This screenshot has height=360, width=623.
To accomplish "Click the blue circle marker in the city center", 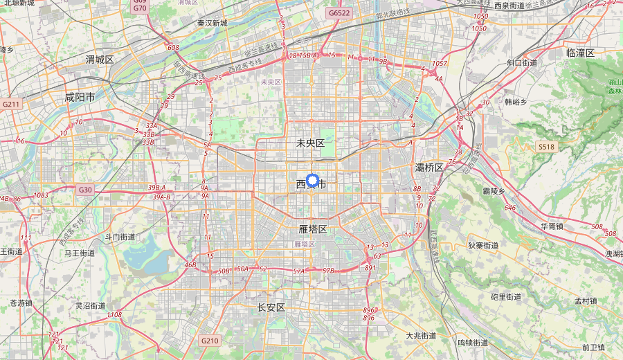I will coord(311,180).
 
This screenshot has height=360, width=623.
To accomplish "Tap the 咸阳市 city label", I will coord(80,97).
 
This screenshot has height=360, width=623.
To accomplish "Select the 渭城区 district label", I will coord(100,60).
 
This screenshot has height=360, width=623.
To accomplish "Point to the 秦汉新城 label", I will coord(212,23).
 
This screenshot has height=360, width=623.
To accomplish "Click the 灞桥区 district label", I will coord(429,168).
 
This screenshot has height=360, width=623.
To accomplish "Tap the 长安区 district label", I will coord(271,307).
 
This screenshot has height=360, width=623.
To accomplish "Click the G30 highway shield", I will coord(85,190).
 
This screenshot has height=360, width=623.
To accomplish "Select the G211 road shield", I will coord(11,104).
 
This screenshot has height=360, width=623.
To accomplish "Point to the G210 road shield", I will coord(210,341).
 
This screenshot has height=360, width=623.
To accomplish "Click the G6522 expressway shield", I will coord(339,13).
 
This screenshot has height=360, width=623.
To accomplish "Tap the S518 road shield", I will coord(546,147).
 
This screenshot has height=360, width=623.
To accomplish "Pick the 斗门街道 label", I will coord(120,237).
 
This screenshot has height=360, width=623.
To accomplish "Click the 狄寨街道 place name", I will coord(482,246).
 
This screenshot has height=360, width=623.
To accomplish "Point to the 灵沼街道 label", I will coord(90,305).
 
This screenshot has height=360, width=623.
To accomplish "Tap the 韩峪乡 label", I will coord(516,102).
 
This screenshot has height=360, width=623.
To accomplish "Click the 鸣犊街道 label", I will coord(473,343).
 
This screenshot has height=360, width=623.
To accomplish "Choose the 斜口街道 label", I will coord(522,63).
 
